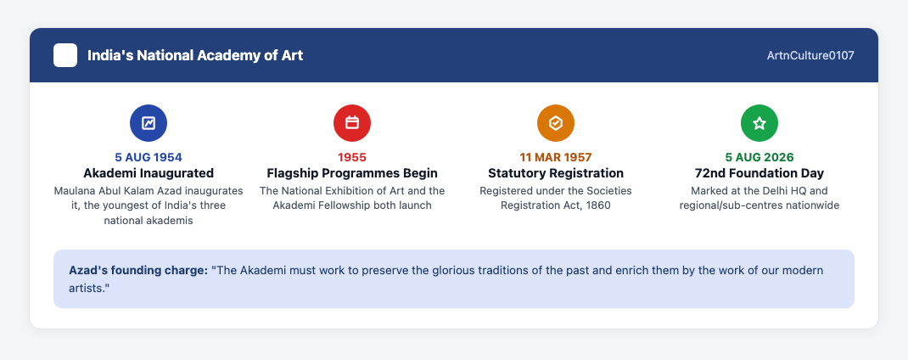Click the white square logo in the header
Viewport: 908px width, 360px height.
pyautogui.click(x=65, y=55)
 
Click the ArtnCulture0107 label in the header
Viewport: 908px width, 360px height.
pyautogui.click(x=810, y=56)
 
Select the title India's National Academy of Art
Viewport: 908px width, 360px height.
pyautogui.click(x=195, y=56)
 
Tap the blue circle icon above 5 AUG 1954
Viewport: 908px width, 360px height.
pyautogui.click(x=149, y=123)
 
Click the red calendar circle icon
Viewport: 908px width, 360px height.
pyautogui.click(x=352, y=123)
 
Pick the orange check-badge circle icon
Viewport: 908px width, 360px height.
pyautogui.click(x=556, y=123)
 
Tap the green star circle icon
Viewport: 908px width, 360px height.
pyautogui.click(x=759, y=123)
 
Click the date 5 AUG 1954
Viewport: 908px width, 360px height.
pyautogui.click(x=149, y=157)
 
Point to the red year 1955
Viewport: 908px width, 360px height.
pyautogui.click(x=352, y=157)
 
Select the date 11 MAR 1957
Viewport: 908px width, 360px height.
pyautogui.click(x=556, y=157)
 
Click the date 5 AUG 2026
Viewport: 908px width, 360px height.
pyautogui.click(x=759, y=157)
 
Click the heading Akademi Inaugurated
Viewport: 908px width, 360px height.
pyautogui.click(x=149, y=173)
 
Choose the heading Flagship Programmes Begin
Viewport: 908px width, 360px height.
pyautogui.click(x=352, y=173)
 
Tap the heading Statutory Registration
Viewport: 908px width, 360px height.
pyautogui.click(x=556, y=173)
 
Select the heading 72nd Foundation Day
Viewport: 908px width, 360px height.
pyautogui.click(x=759, y=173)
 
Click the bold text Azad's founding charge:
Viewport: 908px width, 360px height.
pyautogui.click(x=138, y=271)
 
